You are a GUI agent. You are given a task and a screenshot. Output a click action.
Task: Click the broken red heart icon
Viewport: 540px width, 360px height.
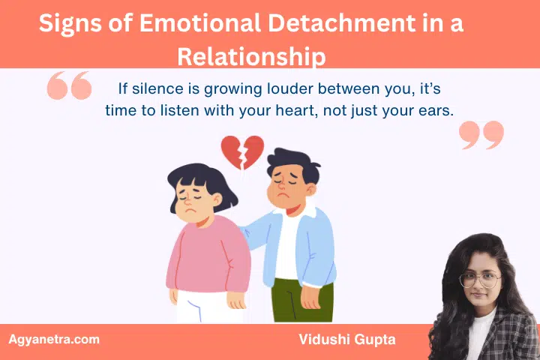coord(241,152)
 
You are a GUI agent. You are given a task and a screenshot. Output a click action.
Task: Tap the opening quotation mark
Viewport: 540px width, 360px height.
coord(69,85)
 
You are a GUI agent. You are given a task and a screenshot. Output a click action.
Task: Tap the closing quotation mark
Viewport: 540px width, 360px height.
coord(481,135)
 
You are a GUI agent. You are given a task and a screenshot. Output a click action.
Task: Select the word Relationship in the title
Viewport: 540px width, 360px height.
coord(251,56)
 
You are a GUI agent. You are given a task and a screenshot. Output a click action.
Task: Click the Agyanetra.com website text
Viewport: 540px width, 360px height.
coord(54,339)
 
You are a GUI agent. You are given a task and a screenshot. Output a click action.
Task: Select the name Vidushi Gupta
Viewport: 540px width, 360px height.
coord(346,340)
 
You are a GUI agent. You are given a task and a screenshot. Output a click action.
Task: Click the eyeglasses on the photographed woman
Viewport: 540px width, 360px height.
coord(479,278)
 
